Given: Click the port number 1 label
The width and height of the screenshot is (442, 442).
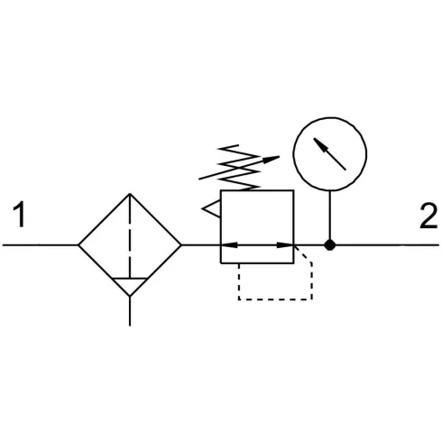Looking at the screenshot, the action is point(20,214).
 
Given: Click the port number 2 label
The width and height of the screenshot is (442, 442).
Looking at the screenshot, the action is point(428,216).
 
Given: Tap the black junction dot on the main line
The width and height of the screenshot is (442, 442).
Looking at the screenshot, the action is point(330,245).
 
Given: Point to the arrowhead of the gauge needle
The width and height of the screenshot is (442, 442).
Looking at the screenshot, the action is point(319,143).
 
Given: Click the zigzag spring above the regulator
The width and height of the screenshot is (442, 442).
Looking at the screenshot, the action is point(239,167).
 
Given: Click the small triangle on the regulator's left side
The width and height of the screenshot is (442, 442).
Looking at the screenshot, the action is point(212,208).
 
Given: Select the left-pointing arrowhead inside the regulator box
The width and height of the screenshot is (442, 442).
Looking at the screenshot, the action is point(229,245).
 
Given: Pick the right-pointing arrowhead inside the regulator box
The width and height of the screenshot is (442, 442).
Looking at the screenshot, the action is point(285,245).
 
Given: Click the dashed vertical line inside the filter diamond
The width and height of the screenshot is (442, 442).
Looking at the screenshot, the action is point(130,235).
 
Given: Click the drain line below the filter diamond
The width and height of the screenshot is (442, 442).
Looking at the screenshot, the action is point(130,311).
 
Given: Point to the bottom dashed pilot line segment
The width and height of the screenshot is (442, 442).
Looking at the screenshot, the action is point(275,299).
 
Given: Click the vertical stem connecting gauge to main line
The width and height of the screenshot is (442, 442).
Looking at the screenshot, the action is point(330,216).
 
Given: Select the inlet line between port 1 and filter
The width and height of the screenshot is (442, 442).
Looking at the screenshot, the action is point(41,245).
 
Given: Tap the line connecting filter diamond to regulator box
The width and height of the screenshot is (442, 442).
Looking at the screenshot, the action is point(201,245).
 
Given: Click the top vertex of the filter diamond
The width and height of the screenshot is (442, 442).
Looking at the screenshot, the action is point(130,194).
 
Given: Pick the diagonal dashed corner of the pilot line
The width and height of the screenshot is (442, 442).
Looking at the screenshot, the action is point(303,254).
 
